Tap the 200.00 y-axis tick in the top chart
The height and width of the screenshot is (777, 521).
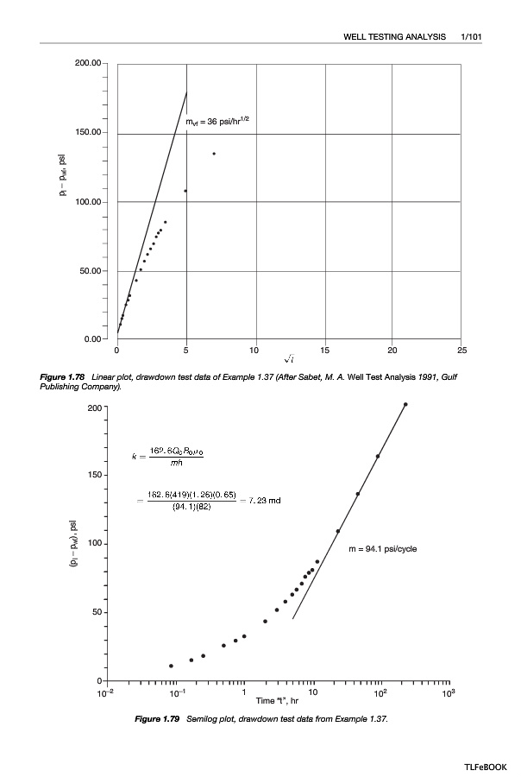pos(89,64)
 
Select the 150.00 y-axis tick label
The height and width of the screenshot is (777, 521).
pos(89,133)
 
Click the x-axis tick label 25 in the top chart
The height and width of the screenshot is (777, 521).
pos(461,351)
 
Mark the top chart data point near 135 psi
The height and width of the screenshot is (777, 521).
pos(214,154)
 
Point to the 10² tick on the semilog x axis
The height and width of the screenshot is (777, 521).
pos(380,692)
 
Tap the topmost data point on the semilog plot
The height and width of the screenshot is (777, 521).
pos(405,404)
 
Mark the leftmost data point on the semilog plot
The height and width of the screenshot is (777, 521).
pos(171,666)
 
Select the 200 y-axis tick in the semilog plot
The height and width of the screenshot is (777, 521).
pos(94,407)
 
